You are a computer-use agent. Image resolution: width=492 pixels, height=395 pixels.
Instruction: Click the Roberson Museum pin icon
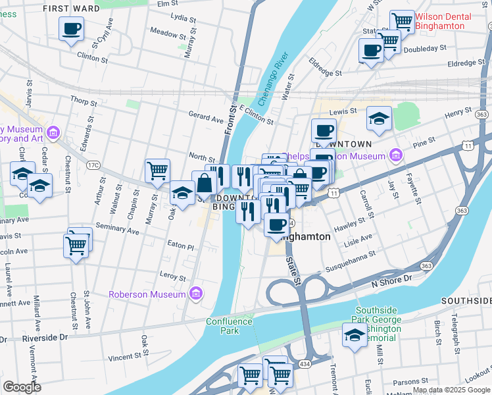click(x=195, y=294)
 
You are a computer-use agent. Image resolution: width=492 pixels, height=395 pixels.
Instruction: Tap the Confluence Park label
click(x=229, y=326)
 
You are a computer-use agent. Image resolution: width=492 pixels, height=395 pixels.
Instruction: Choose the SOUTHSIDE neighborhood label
click(x=466, y=300)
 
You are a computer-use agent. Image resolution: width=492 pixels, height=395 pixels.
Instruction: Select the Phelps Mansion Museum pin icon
click(x=395, y=156)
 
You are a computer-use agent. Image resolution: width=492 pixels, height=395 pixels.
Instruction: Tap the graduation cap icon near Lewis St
click(x=379, y=119)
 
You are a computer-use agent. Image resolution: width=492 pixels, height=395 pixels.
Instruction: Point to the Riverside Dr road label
click(x=45, y=337)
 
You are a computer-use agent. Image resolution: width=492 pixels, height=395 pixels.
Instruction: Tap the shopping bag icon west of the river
click(x=205, y=184)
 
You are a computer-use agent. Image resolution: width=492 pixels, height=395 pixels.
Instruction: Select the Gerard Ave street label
click(x=207, y=119)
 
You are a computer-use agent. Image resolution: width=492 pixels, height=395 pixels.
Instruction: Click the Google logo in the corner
click(x=22, y=387)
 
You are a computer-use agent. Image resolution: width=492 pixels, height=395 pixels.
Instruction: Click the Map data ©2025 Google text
click(x=451, y=390)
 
